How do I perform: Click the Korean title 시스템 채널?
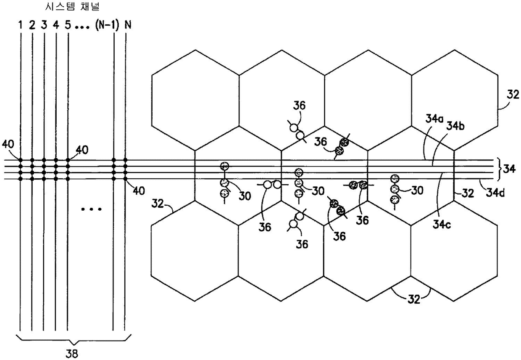click(x=72, y=7)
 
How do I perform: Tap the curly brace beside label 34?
click(x=499, y=169)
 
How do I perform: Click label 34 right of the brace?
click(x=510, y=169)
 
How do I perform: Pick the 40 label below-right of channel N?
click(x=138, y=191)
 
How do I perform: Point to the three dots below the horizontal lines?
click(x=92, y=209)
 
